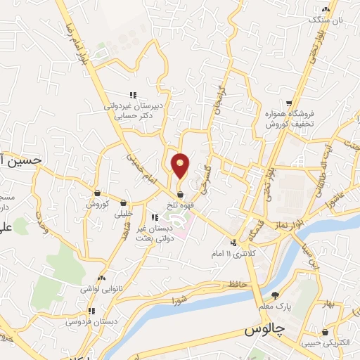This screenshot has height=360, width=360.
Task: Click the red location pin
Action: tap(181, 165)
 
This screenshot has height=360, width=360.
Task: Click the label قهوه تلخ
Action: tap(181, 205)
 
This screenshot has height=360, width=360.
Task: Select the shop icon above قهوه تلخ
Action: tap(181, 195)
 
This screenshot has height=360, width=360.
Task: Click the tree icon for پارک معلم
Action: tap(274, 296)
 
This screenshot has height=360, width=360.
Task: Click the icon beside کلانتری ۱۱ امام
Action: tap(233, 243)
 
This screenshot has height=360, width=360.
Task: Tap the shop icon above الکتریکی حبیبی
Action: tap(325, 332)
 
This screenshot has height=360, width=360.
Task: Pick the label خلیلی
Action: tap(123, 214)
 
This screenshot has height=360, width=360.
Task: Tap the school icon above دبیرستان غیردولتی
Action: tap(131, 95)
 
